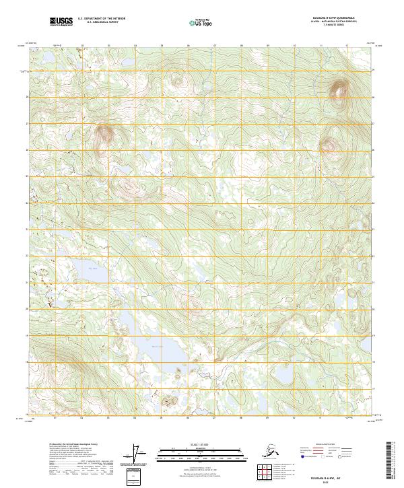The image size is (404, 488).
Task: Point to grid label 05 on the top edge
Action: coord(162,47)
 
